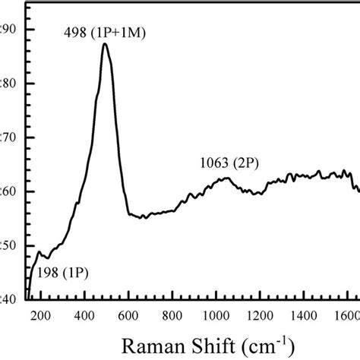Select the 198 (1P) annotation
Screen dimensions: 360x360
pos(62,273)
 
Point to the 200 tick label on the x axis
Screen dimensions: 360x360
pos(39,317)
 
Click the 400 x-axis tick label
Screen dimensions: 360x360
pos(84,317)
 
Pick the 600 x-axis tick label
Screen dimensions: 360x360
pos(128,317)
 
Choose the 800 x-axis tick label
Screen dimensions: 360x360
pos(172,317)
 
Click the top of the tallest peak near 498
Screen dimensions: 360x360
pos(105,44)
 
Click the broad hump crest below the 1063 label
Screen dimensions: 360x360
pos(226,178)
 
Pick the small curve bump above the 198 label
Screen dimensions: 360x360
pos(39,252)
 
